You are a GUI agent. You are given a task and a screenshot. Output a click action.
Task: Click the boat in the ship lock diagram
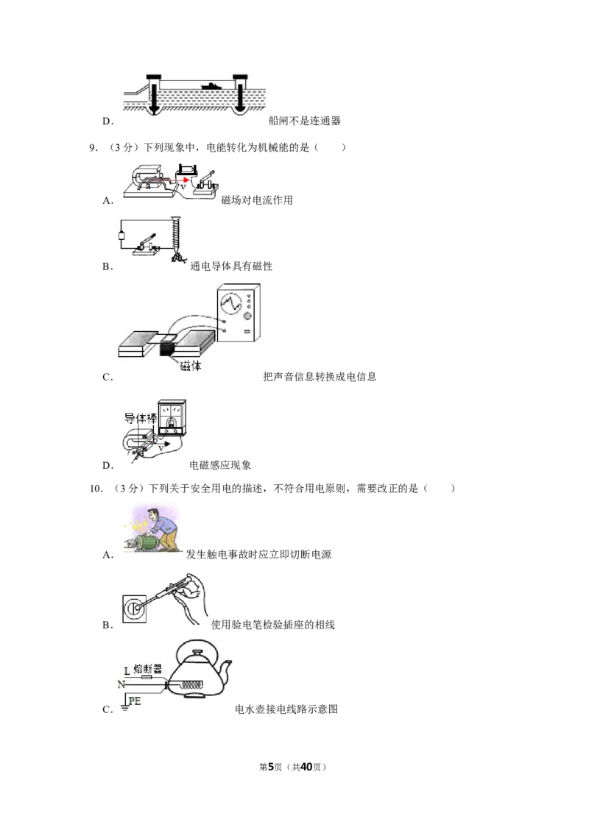(211, 85)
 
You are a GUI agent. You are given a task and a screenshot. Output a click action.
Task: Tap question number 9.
(94, 148)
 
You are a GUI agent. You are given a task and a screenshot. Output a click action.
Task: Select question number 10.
(96, 489)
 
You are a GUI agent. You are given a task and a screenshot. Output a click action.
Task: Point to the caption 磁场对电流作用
(257, 200)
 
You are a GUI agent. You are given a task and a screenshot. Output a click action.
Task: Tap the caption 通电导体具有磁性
(231, 266)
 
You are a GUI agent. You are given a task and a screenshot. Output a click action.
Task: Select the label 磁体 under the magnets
(190, 366)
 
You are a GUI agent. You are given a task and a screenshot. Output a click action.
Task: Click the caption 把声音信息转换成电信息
(320, 377)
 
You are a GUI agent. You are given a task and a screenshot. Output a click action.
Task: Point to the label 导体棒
(141, 418)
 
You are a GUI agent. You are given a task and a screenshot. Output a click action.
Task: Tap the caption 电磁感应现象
(220, 465)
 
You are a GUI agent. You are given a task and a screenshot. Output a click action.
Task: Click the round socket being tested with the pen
(135, 608)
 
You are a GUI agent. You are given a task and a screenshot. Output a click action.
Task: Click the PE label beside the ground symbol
(135, 701)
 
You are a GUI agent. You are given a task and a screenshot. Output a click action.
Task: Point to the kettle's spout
(225, 672)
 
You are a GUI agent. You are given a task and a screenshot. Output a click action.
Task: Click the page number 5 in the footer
(271, 767)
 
